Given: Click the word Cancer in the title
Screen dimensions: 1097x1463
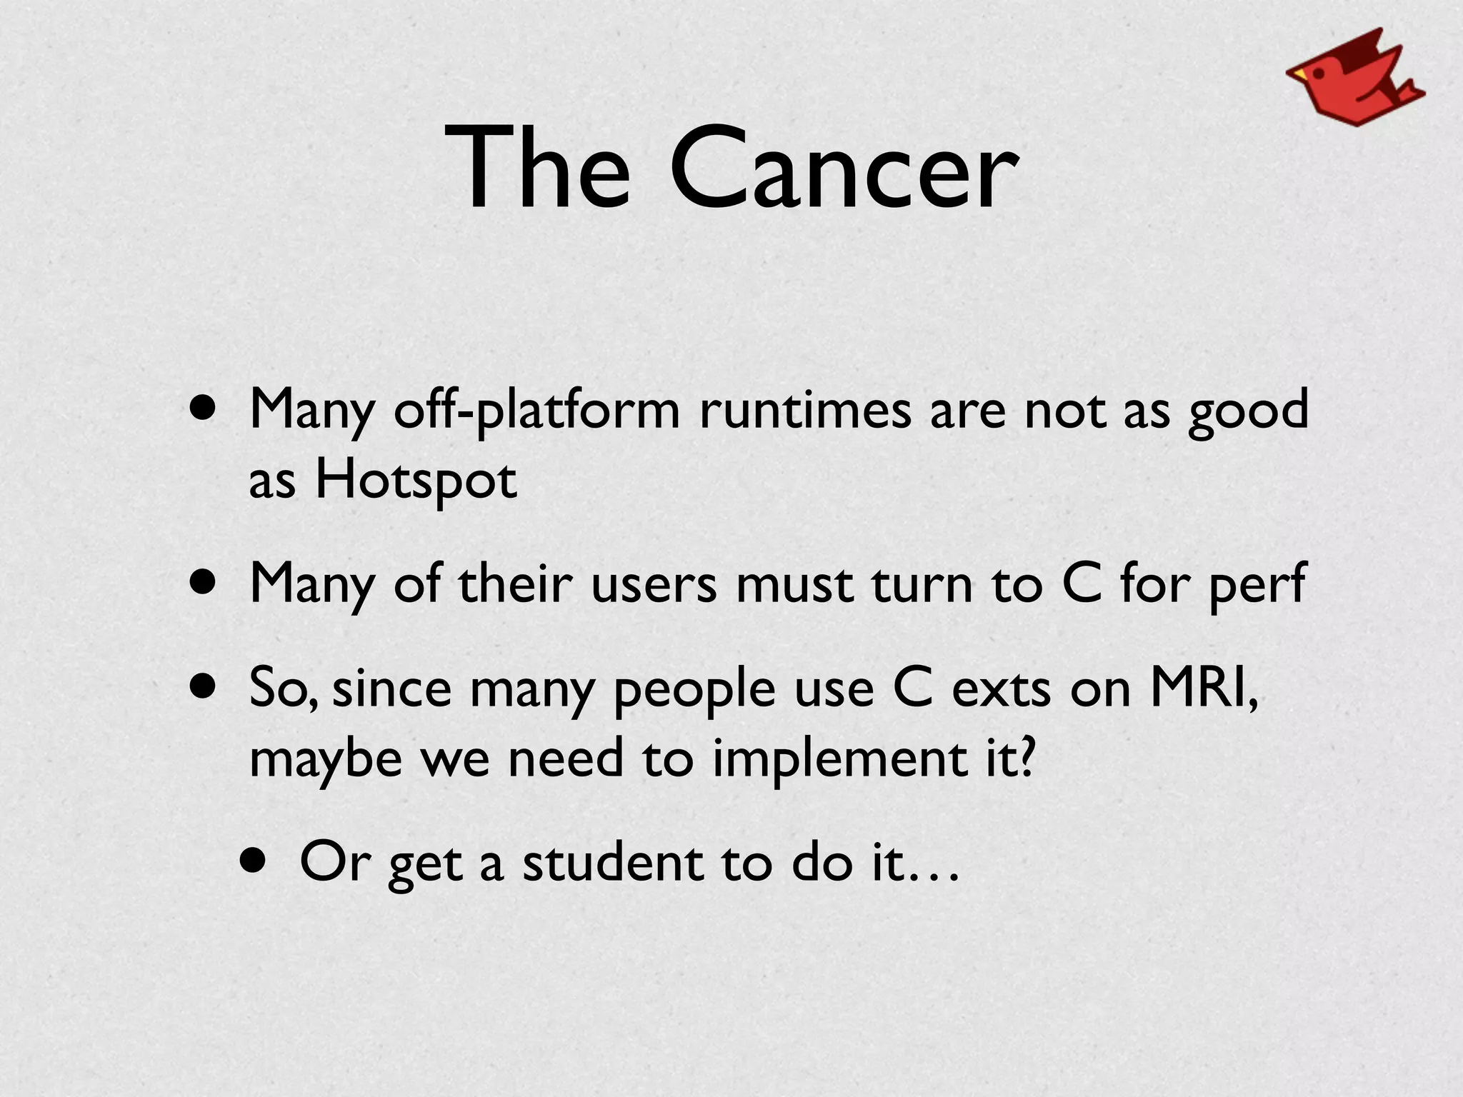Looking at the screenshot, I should (x=843, y=169).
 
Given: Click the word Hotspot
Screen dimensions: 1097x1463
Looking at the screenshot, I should (x=416, y=480).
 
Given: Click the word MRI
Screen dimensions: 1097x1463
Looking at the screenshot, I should (x=1204, y=688).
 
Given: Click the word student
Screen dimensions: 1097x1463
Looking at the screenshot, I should (x=612, y=862).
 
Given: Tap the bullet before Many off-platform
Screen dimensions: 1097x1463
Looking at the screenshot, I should (x=204, y=410).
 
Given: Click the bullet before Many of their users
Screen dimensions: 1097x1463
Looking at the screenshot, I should (x=204, y=583).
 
